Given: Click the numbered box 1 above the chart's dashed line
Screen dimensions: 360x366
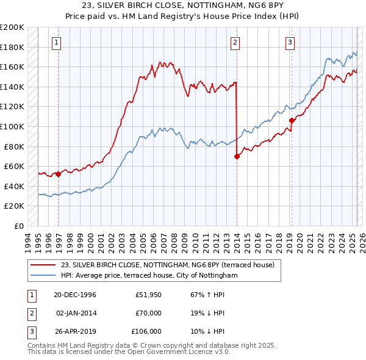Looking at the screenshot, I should click(56, 42).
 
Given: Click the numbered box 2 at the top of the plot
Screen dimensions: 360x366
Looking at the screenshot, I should click(235, 42).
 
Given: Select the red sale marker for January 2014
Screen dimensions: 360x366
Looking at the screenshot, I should click(236, 156).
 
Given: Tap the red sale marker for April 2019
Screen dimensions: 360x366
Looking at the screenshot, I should click(292, 120).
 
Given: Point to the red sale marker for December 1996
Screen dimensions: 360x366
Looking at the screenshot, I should click(59, 174).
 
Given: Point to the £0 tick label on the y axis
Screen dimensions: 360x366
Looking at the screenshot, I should click(20, 226).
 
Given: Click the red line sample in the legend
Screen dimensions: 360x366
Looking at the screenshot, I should click(43, 265).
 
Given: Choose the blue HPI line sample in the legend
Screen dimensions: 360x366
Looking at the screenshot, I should click(43, 276).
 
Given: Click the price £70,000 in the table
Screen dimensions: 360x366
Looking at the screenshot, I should click(148, 313).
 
